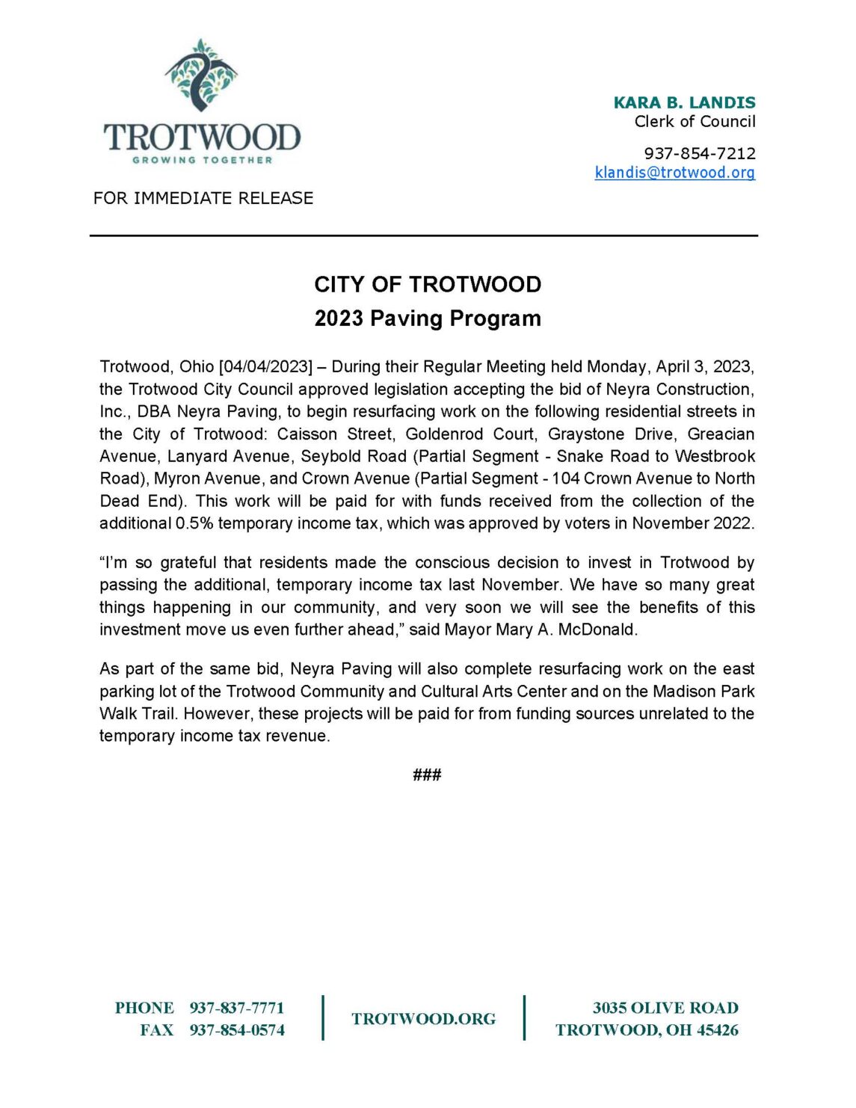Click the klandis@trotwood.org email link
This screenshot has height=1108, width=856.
(674, 173)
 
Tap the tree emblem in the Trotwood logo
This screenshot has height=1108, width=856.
(200, 75)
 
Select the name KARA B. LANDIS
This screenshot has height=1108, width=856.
(684, 102)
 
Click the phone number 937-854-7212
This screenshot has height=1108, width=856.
(700, 153)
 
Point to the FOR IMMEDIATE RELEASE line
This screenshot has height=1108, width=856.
(203, 198)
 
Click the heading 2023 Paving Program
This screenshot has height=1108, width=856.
(428, 318)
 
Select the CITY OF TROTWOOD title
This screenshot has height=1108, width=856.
(428, 285)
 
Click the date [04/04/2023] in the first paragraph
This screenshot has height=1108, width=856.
(265, 367)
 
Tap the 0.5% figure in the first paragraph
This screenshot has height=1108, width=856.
(194, 523)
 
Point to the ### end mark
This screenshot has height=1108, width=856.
(427, 775)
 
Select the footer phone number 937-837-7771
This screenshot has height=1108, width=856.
(237, 1008)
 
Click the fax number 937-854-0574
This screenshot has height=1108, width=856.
(237, 1030)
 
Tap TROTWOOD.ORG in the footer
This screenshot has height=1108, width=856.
(423, 1019)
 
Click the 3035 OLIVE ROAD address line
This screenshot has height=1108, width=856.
(665, 1008)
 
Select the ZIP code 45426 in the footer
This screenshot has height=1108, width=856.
(718, 1030)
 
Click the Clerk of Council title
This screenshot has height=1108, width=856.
(695, 122)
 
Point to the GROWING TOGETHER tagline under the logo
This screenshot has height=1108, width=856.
(203, 160)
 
